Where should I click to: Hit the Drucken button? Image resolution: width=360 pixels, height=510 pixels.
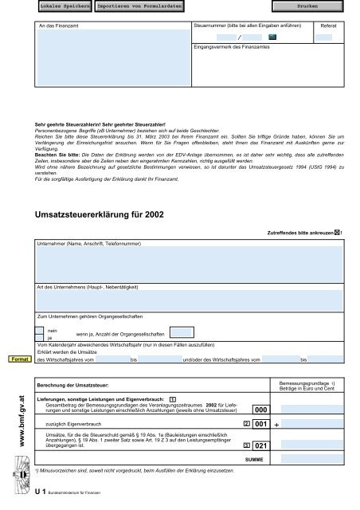(307, 6)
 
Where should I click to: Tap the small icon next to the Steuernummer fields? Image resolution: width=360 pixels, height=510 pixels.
(272, 37)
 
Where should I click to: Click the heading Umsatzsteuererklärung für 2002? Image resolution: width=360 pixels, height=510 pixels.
(99, 216)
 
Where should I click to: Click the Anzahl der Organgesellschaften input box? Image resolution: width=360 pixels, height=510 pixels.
(181, 332)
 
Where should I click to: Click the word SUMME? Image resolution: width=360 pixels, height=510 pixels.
(255, 461)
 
